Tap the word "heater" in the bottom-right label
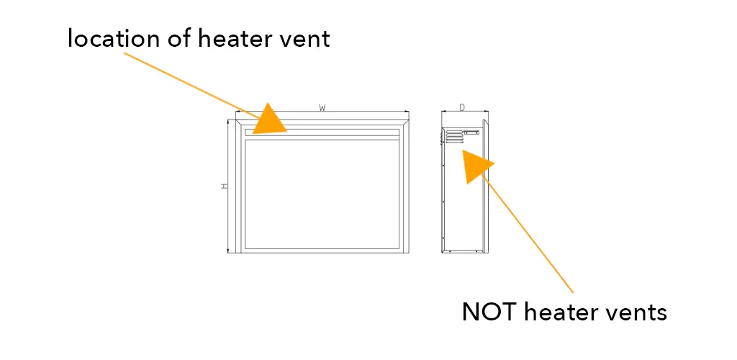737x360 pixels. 562,312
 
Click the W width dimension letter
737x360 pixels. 322,108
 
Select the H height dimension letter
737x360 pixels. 225,186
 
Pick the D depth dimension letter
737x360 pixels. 462,108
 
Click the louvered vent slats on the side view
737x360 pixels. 453,137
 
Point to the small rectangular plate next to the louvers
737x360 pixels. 471,132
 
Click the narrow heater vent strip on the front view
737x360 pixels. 338,132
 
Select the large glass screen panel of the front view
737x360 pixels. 322,193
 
